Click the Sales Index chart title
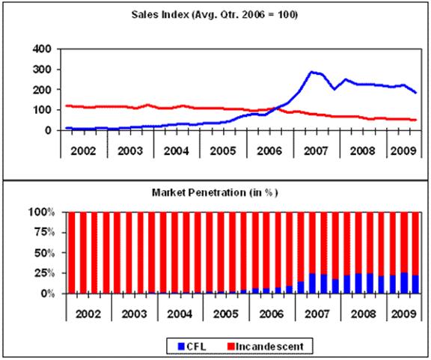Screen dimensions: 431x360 215,14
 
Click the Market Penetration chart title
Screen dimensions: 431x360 215,192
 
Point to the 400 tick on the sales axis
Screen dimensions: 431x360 42,49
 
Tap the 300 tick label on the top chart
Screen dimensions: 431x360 42,70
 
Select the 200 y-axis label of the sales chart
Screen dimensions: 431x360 42,90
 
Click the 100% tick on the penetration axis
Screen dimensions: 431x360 42,212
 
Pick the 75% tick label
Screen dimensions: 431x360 45,233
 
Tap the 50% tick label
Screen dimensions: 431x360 45,253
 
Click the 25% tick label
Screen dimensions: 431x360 45,273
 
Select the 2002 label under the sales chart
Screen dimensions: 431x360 83,151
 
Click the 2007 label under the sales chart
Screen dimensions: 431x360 316,151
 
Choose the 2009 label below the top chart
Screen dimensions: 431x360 403,151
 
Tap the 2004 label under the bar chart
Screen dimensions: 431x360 180,314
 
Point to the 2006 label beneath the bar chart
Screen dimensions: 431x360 272,314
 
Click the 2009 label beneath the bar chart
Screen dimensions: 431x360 404,314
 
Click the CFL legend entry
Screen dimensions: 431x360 192,347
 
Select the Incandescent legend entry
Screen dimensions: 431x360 266,347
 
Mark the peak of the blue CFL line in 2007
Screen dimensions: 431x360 311,72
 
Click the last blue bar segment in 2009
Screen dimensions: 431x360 415,284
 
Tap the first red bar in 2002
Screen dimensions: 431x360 72,253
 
